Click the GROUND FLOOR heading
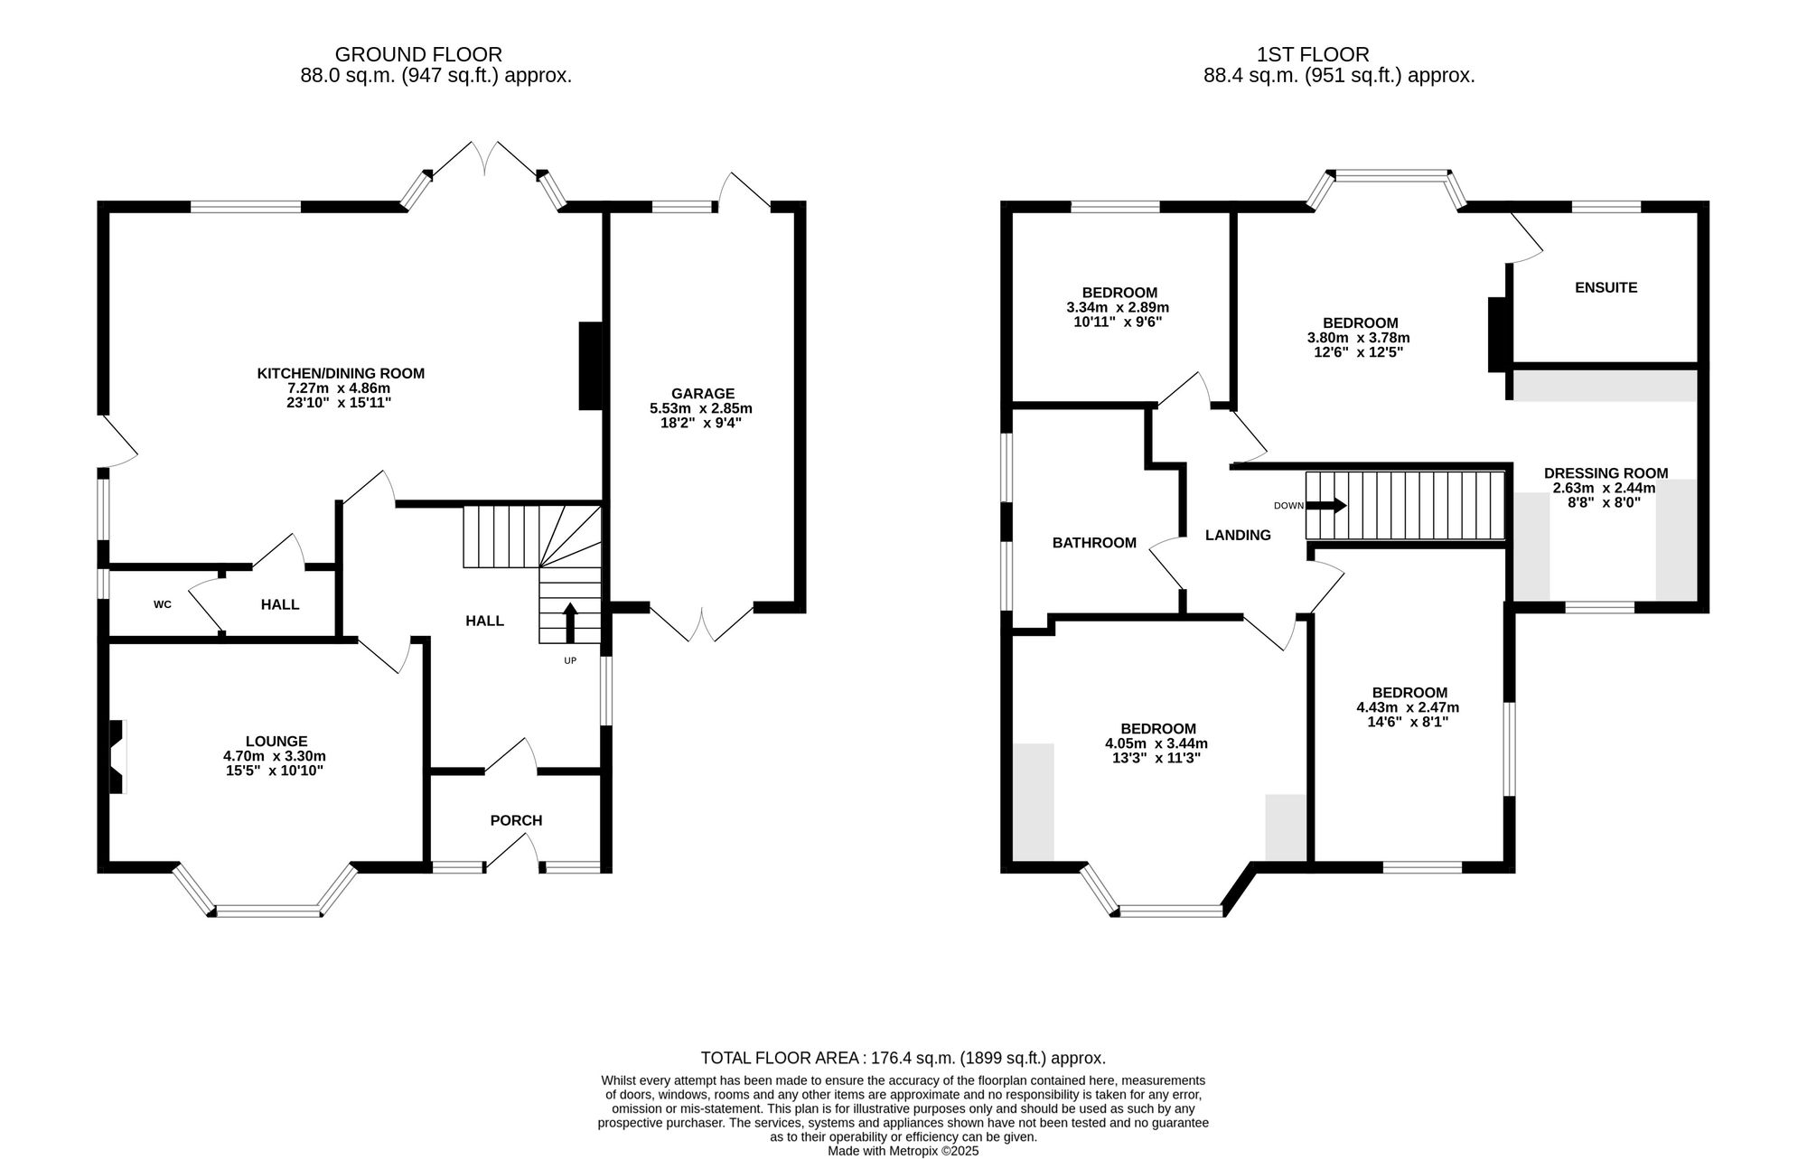click(418, 55)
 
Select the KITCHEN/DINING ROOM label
click(341, 373)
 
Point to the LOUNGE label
click(276, 741)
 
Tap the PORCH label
click(516, 820)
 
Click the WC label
click(163, 604)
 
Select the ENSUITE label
click(1606, 287)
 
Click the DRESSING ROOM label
click(1606, 472)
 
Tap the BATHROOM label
click(1094, 543)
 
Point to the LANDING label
click(1238, 535)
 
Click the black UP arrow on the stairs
click(570, 622)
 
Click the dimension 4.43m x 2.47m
click(1408, 707)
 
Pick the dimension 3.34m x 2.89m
click(1119, 307)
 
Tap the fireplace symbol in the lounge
click(117, 756)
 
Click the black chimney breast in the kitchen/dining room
click(591, 366)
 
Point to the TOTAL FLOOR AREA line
click(903, 1058)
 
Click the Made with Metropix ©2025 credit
click(903, 1152)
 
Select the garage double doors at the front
click(701, 623)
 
